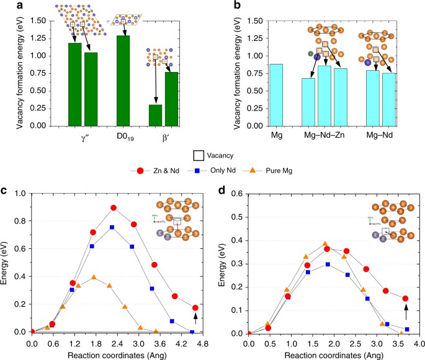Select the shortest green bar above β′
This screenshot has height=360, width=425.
coord(156,115)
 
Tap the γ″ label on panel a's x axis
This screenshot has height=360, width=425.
coord(83,136)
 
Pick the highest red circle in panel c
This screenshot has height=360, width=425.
coord(114,208)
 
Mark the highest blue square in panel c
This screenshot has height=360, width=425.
coord(112,227)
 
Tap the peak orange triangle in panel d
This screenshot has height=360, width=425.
coord(324,244)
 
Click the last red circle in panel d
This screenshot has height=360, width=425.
coord(406,299)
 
